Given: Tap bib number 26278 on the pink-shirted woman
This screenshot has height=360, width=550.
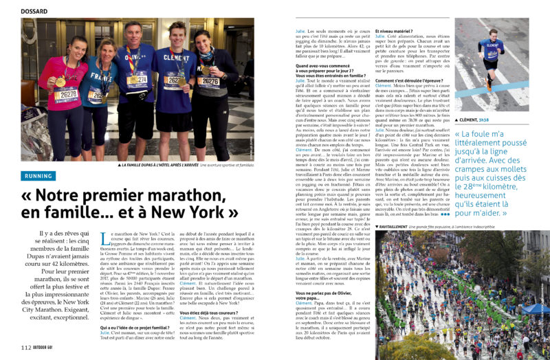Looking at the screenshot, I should (x=66, y=93).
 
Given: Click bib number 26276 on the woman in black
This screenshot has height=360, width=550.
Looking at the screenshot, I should (x=208, y=82).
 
